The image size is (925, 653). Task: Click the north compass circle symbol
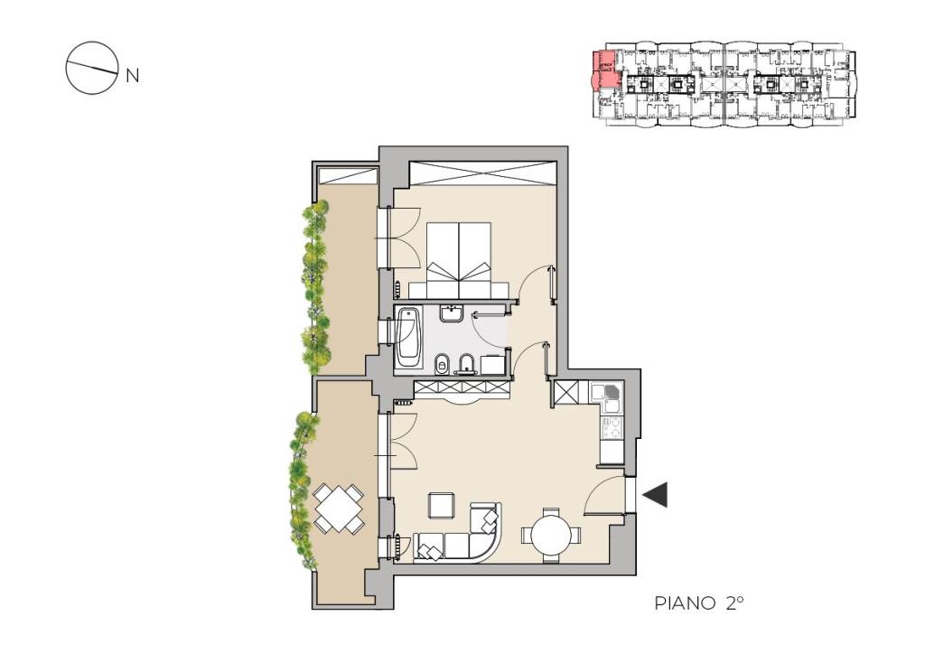point(89,68)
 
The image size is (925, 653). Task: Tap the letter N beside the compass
point(133,76)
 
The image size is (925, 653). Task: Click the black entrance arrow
point(655,494)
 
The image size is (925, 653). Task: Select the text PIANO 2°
point(698,603)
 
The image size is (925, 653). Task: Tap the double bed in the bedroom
point(459,260)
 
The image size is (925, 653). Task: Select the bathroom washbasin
point(453,313)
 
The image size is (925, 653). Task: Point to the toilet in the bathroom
point(441,365)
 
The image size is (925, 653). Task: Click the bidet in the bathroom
point(467,365)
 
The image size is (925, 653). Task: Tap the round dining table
point(551,536)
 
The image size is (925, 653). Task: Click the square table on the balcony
point(338,508)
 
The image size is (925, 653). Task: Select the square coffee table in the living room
point(442,505)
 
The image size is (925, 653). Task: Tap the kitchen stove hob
point(612,428)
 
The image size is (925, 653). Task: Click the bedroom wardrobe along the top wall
point(482,173)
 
